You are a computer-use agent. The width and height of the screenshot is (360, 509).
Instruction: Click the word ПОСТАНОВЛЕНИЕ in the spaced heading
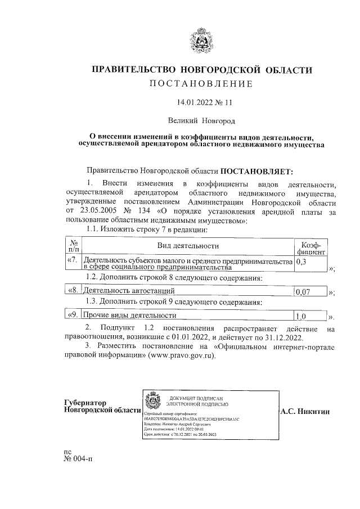click(x=200, y=84)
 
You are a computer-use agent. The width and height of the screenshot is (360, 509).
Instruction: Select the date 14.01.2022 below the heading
click(x=193, y=103)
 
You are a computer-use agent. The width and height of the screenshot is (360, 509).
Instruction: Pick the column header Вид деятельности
click(x=188, y=245)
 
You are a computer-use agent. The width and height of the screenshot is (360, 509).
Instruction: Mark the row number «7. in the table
click(x=74, y=260)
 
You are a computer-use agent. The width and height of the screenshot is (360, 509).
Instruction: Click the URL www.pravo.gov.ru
click(x=183, y=356)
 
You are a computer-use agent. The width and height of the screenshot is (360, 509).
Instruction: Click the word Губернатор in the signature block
click(x=85, y=403)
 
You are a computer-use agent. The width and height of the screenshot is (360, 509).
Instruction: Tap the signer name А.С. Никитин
click(x=304, y=412)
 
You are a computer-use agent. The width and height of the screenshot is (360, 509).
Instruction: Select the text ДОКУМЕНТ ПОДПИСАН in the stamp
click(x=197, y=397)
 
